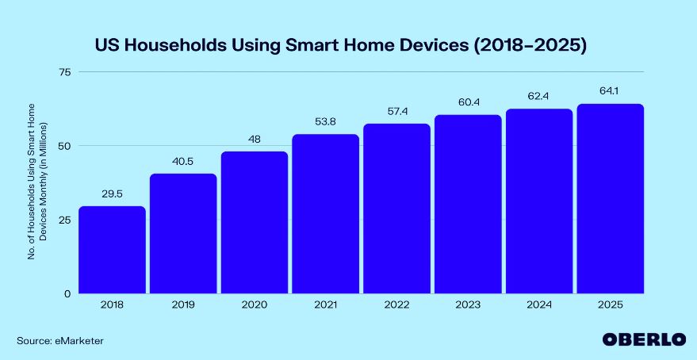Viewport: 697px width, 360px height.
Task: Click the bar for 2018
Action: coord(112,250)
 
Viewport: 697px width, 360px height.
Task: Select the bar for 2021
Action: coord(325,214)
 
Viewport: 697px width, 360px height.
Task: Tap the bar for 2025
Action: coord(610,199)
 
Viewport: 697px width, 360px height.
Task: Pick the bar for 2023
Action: coord(468,205)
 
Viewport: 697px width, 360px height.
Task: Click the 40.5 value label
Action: coord(183,161)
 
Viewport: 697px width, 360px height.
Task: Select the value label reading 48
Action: coord(255,139)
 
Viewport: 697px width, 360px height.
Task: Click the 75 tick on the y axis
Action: coord(63,72)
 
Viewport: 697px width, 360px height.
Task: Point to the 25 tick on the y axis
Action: coord(63,220)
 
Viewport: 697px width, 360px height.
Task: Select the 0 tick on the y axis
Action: coord(67,293)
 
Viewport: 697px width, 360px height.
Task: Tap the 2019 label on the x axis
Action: coord(183,305)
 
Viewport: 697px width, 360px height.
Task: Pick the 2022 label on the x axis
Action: coord(396,305)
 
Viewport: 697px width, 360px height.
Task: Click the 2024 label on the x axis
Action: coord(539,305)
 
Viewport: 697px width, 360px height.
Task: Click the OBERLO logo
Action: coord(643,339)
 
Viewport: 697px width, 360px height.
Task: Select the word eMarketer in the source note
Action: coord(79,340)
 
